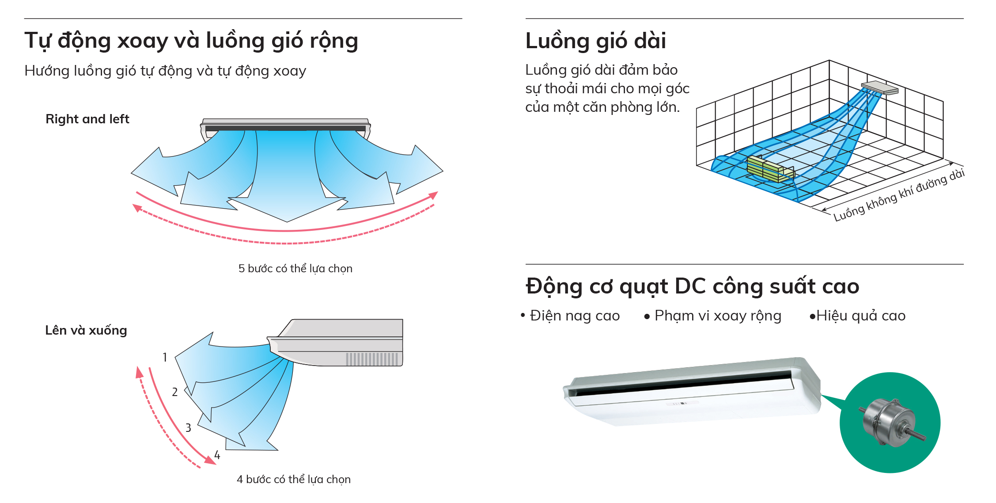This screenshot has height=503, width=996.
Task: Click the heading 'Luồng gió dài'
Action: coord(595,41)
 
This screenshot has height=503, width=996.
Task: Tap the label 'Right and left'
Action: coord(87,119)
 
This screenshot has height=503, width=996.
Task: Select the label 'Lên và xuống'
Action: coord(86,330)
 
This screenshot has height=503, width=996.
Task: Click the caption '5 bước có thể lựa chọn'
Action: coord(295,268)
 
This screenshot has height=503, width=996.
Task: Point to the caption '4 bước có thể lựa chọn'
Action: coord(293,479)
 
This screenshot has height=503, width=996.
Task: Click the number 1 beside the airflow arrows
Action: coord(165,357)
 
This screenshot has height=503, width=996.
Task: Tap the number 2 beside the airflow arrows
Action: coord(175,392)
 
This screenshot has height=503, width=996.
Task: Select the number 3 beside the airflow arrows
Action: coord(188,428)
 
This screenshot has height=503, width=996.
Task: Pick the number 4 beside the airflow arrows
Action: coord(217,455)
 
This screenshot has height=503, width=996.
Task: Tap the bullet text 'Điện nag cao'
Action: coord(575,316)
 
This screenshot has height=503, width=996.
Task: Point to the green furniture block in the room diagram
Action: coord(769,169)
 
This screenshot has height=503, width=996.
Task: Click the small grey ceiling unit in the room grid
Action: coord(879,87)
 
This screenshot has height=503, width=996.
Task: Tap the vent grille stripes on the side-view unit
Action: coord(372,359)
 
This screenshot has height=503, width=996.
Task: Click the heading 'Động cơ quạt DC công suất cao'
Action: coord(692,286)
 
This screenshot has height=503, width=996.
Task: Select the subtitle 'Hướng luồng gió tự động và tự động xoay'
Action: coord(165,71)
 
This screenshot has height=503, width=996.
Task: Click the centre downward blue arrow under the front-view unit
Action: coord(286,186)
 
